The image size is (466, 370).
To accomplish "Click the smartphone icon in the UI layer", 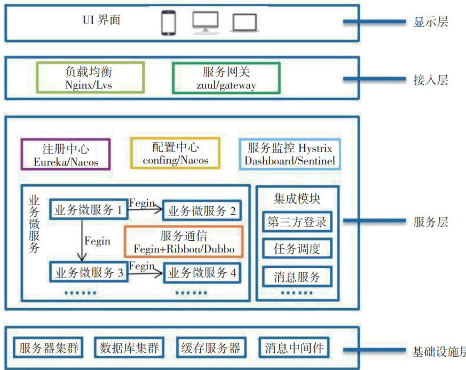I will point(168,23).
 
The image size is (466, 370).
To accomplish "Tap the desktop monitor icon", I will point(206,22).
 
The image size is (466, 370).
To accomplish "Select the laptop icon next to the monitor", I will point(244,23).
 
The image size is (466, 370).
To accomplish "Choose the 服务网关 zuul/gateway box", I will point(226,78).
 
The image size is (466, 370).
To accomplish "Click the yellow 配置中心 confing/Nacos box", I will point(176,153).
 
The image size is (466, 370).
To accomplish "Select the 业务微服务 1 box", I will point(89,210).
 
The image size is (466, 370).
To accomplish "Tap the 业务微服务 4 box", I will point(202,273).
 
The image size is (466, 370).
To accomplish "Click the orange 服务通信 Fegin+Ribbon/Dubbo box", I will point(184,242).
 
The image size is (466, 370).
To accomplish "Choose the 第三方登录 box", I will point(297,222).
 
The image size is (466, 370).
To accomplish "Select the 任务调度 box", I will point(297,249).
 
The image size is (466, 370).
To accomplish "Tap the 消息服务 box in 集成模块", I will point(297,277).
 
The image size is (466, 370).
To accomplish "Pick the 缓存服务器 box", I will point(210,349).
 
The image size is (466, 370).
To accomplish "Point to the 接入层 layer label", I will point(430,81).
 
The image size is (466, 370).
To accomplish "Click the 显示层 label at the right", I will point(430,22).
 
